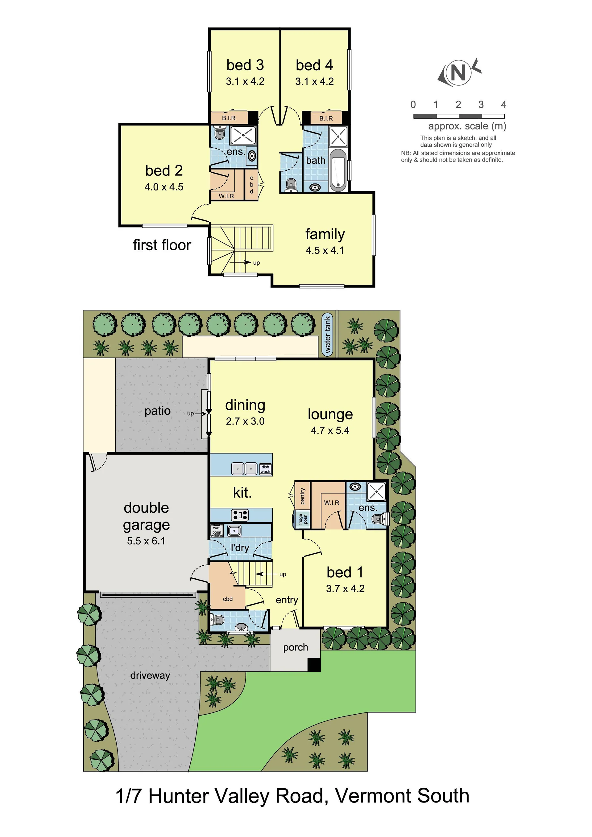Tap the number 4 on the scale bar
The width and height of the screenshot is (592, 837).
[504, 105]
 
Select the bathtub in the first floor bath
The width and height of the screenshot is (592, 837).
[338, 170]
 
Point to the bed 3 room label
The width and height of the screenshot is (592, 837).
[245, 65]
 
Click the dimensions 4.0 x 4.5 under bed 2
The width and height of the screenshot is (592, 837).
[164, 187]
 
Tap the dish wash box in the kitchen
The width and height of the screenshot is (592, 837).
[265, 469]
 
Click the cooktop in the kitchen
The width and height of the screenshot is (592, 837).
[240, 515]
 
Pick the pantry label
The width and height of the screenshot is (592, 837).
[302, 497]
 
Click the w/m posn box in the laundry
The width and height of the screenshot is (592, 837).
[217, 530]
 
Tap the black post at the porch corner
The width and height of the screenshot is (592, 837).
[314, 665]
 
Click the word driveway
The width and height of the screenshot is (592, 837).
[150, 675]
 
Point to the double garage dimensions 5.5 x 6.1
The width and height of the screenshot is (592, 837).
[146, 541]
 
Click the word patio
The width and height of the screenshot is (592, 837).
[158, 411]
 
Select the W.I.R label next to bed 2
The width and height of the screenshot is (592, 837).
[226, 196]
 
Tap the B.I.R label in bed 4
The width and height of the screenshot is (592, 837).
[326, 118]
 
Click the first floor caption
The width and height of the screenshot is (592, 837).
[162, 245]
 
